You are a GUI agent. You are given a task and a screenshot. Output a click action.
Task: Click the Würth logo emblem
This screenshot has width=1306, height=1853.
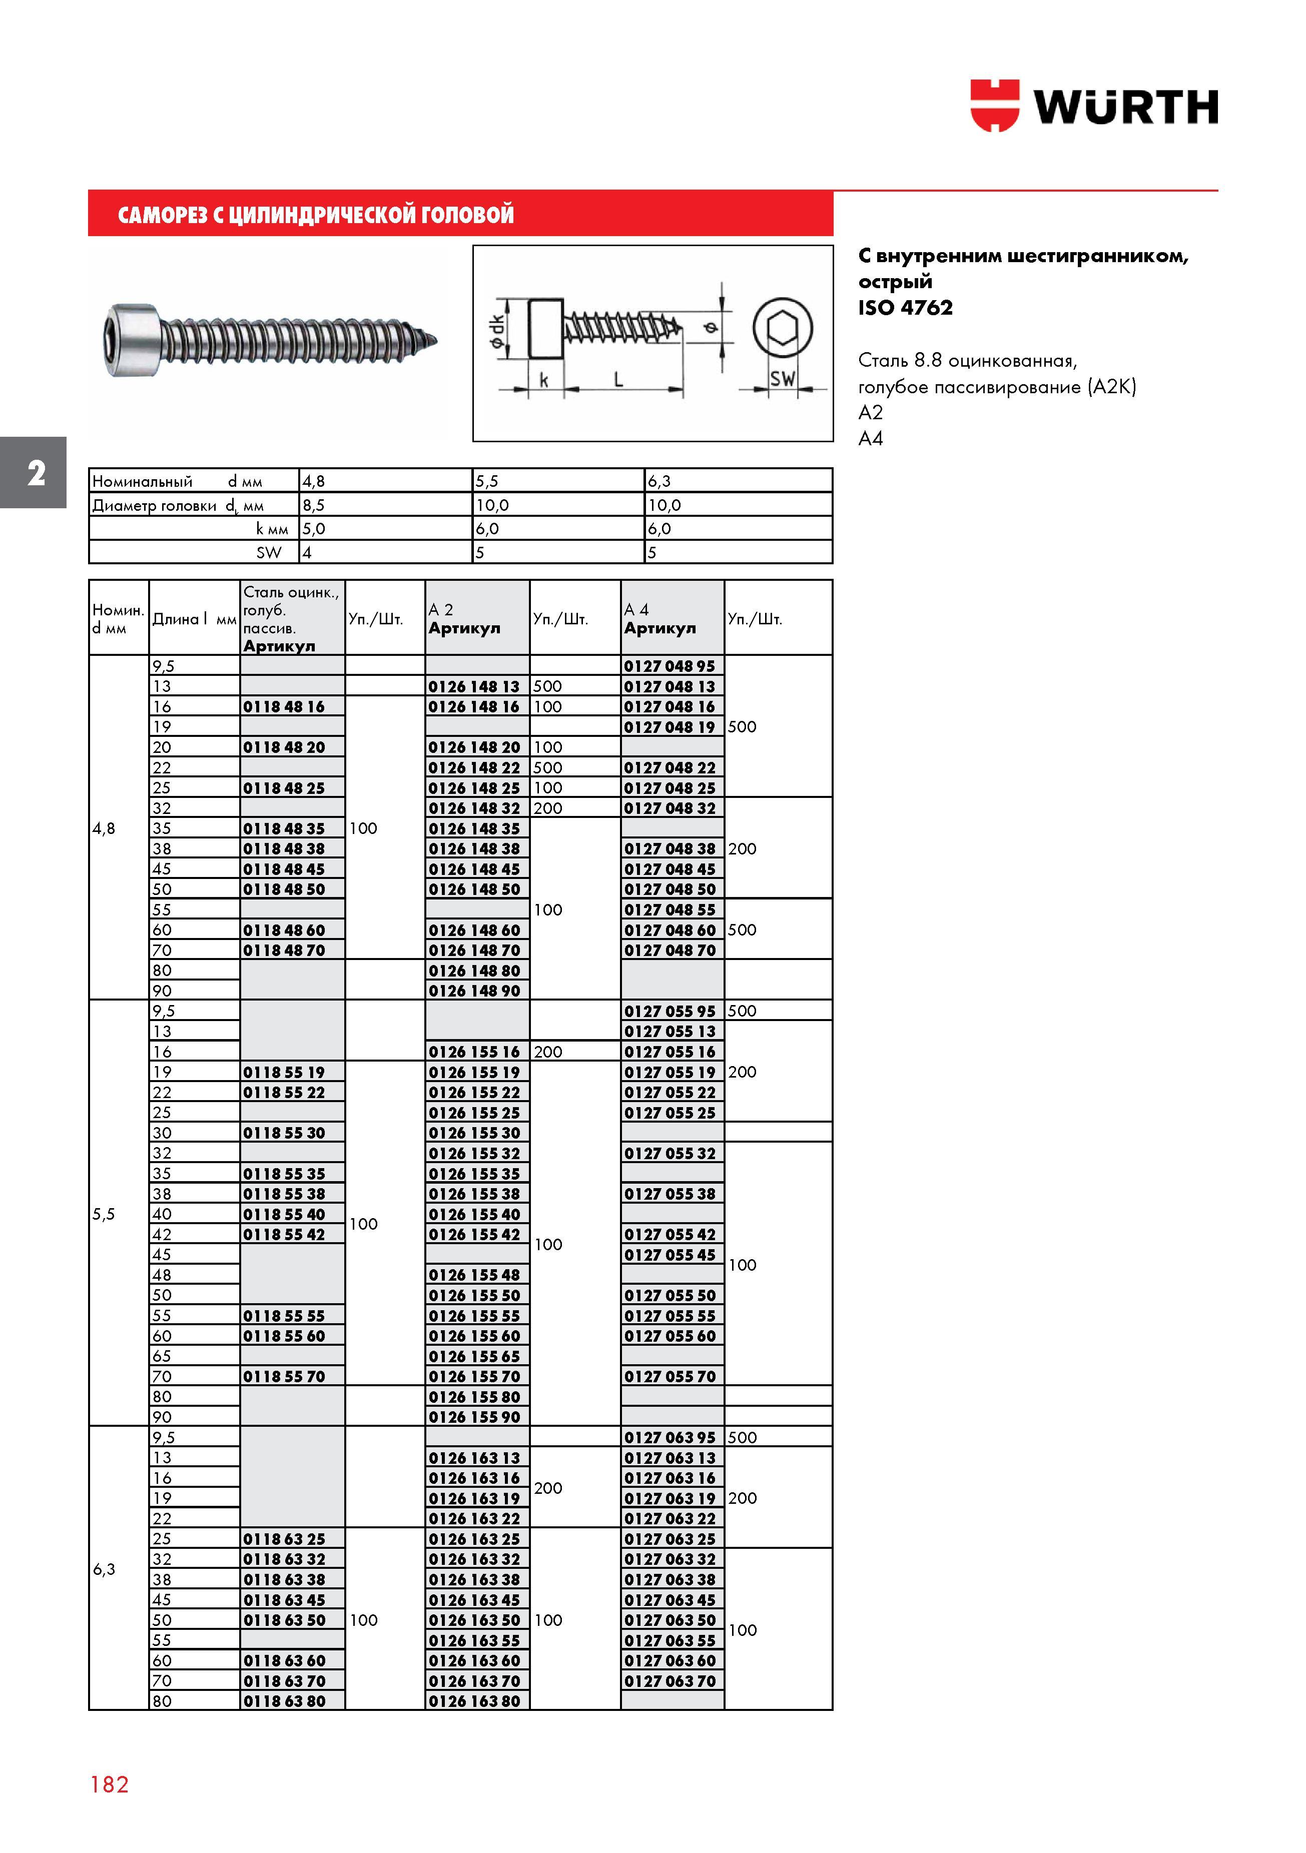click(x=994, y=105)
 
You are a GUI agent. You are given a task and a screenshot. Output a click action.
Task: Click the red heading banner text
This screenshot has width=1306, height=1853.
click(x=316, y=215)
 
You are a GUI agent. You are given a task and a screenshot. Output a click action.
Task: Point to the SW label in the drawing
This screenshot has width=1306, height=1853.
click(x=782, y=378)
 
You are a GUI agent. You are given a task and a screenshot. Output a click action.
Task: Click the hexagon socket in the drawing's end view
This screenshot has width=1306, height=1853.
click(x=782, y=329)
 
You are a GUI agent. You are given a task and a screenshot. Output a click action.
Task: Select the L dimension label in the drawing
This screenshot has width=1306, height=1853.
click(x=618, y=379)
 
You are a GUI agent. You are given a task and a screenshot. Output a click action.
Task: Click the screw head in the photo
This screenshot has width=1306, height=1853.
click(x=132, y=339)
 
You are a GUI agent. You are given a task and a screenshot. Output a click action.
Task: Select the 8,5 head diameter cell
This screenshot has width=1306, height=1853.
click(x=313, y=505)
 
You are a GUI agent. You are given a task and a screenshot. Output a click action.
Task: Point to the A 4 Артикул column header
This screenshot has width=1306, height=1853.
click(x=660, y=619)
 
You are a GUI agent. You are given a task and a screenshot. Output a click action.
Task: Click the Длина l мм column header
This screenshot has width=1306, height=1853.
click(x=194, y=619)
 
